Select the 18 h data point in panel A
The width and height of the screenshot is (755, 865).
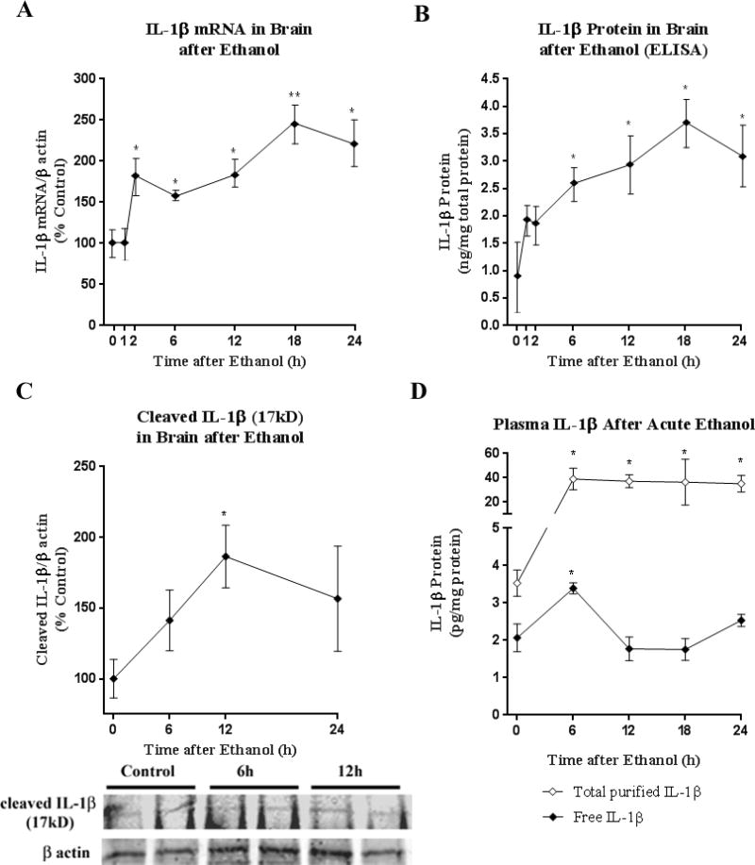click(x=269, y=123)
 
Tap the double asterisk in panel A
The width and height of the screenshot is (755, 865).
click(x=269, y=95)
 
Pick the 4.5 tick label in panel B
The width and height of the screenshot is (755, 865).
click(x=478, y=78)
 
